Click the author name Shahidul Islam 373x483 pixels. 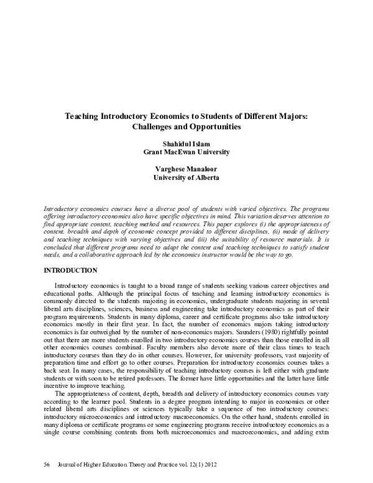186,143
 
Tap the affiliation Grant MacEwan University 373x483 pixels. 186,151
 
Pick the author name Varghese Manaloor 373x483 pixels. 186,168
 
